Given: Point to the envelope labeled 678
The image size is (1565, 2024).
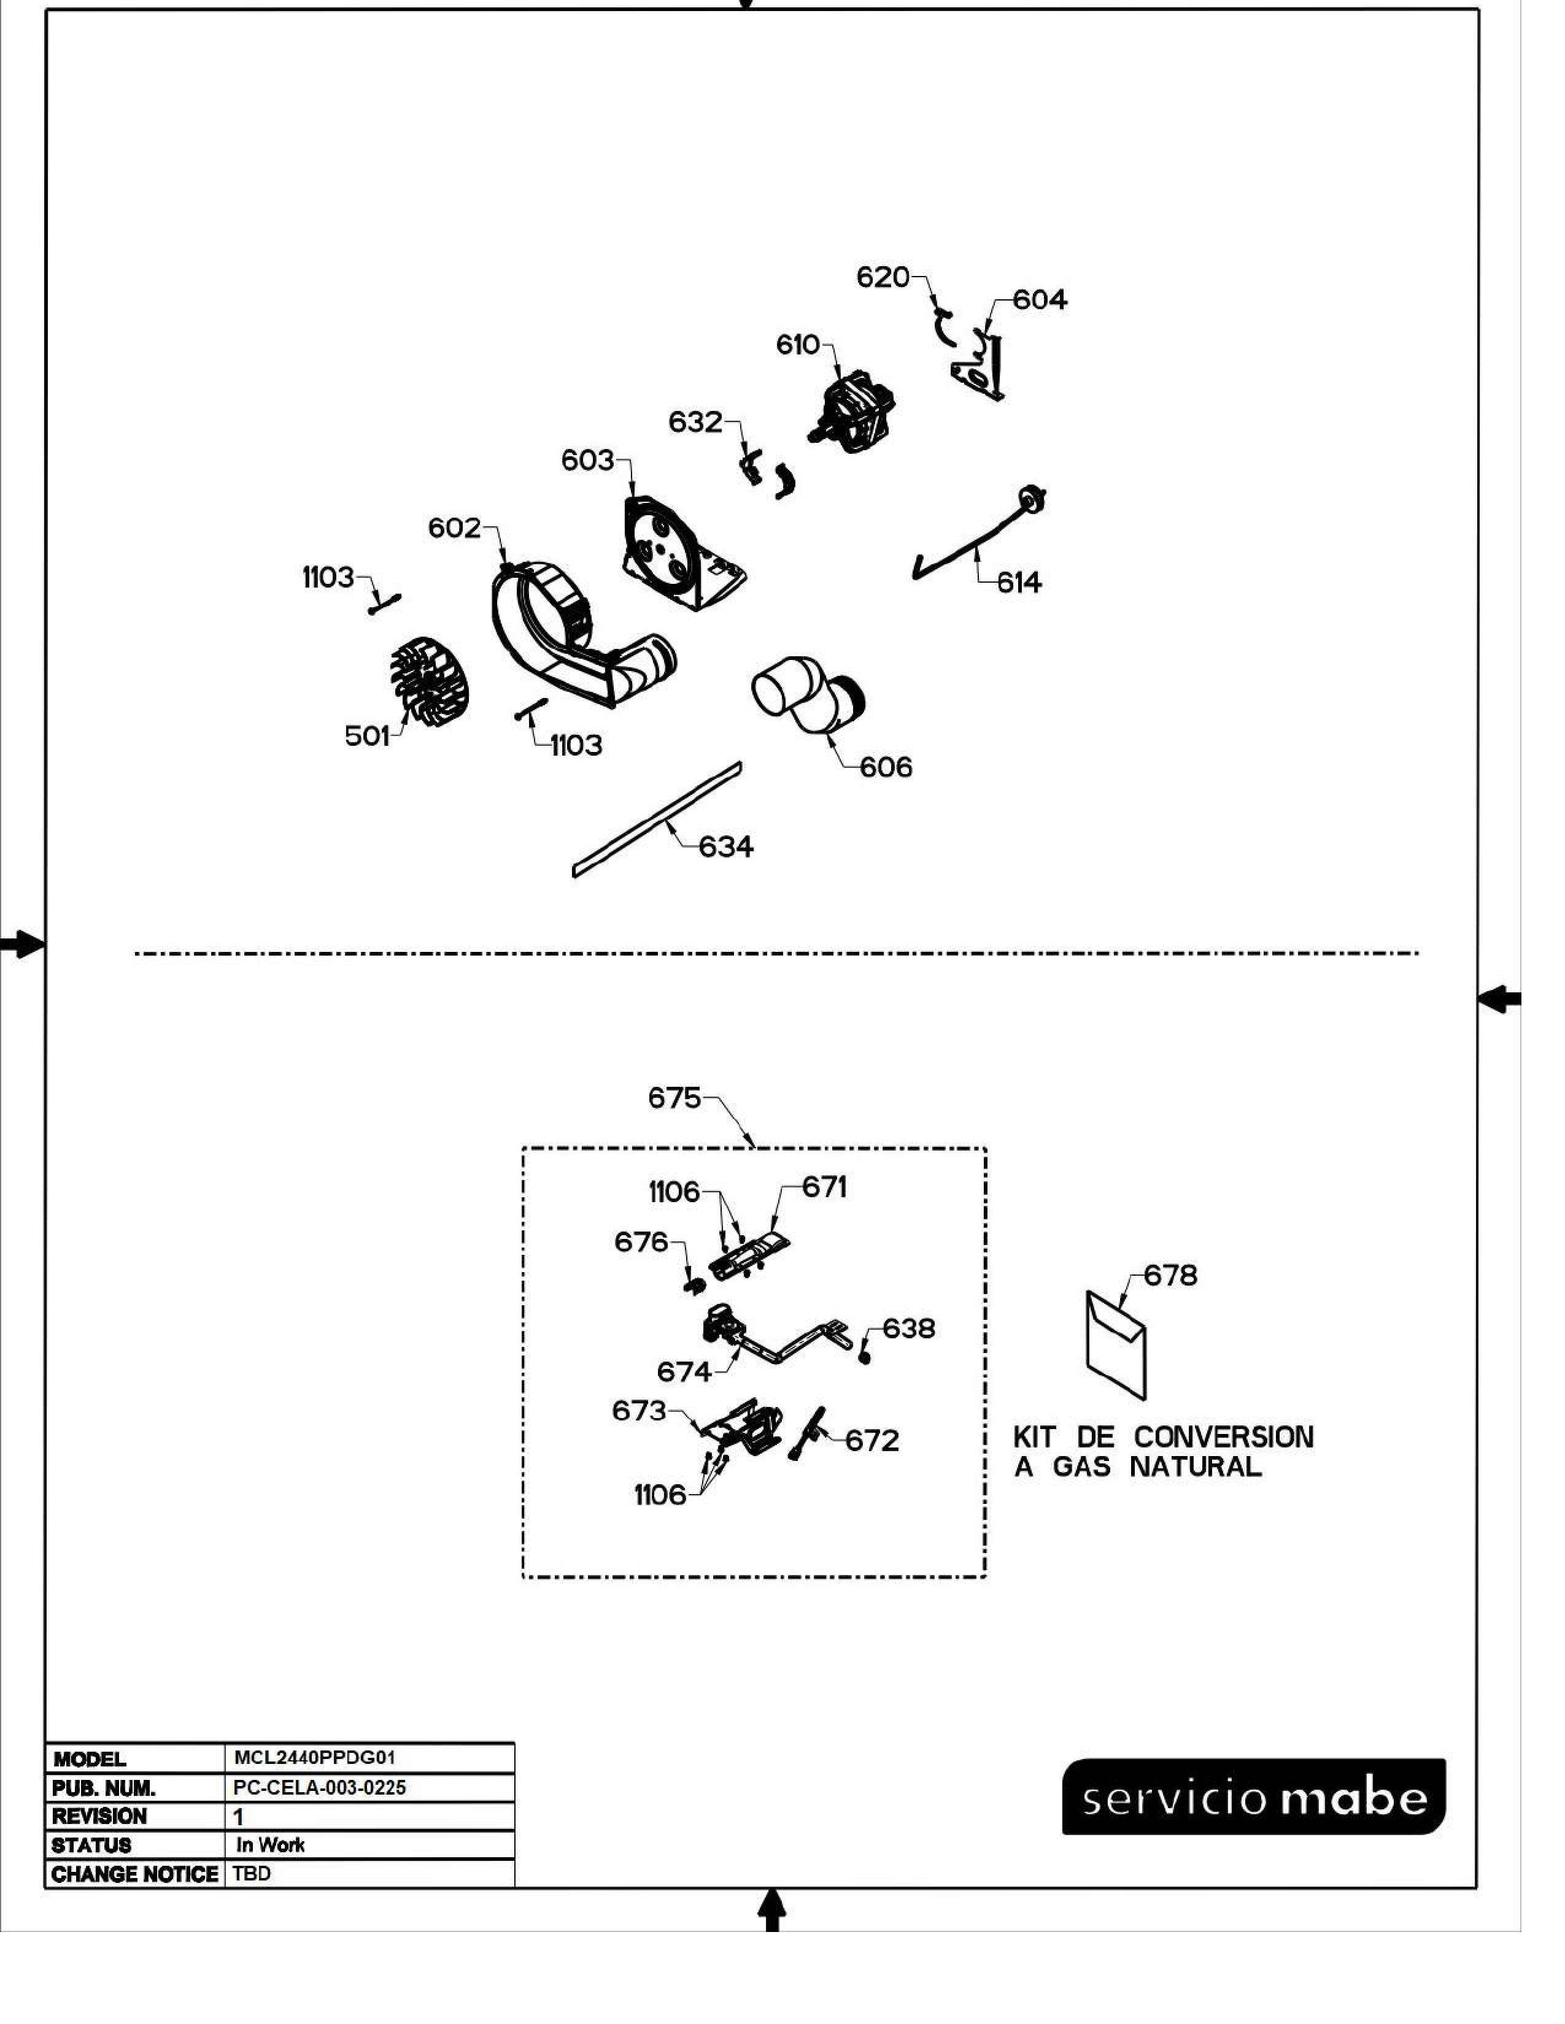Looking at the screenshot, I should click(1115, 1344).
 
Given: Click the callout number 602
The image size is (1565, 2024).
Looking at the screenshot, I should click(454, 528).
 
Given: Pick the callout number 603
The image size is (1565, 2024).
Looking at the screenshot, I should click(587, 461).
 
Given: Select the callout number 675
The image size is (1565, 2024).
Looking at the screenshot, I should click(674, 1098).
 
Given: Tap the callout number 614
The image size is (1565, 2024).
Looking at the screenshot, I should click(1019, 583).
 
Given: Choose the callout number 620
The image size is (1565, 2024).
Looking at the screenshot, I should click(883, 277).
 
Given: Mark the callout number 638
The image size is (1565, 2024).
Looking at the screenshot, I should click(908, 1329).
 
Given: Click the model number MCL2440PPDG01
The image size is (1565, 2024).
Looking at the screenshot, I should click(315, 1758).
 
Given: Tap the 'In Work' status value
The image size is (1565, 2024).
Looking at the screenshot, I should click(270, 1845).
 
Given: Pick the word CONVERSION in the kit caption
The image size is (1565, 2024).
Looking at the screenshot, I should click(1223, 1438).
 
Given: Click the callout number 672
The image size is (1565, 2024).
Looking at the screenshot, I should click(871, 1441).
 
